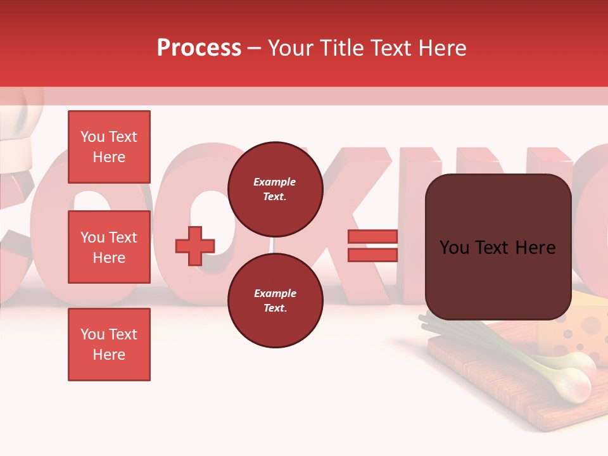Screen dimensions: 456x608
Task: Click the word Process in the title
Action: (199, 48)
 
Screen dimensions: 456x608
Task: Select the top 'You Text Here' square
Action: (109, 147)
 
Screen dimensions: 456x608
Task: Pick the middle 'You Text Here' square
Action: (109, 247)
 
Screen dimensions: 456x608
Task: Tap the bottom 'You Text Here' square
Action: (109, 345)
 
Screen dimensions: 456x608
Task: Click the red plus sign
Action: (195, 246)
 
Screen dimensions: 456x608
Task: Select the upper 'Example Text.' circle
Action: (275, 189)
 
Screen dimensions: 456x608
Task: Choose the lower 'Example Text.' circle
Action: (275, 300)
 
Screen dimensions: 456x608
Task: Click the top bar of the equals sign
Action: (372, 236)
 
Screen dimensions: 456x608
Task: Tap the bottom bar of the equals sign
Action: (372, 255)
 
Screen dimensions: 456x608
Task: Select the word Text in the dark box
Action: (498, 248)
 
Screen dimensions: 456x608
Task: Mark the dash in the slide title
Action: (254, 48)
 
